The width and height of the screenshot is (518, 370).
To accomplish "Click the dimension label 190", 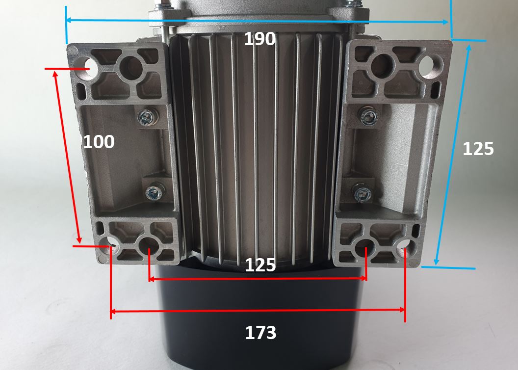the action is click(x=259, y=39).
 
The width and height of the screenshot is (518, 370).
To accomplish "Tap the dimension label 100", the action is click(x=99, y=142).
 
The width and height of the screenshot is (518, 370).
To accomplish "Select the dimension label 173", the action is click(x=260, y=333).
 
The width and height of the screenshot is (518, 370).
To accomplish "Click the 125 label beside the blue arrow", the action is click(x=478, y=149).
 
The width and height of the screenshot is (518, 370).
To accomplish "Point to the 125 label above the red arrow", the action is click(x=260, y=265).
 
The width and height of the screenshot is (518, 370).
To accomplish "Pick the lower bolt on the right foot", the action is click(x=363, y=192).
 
